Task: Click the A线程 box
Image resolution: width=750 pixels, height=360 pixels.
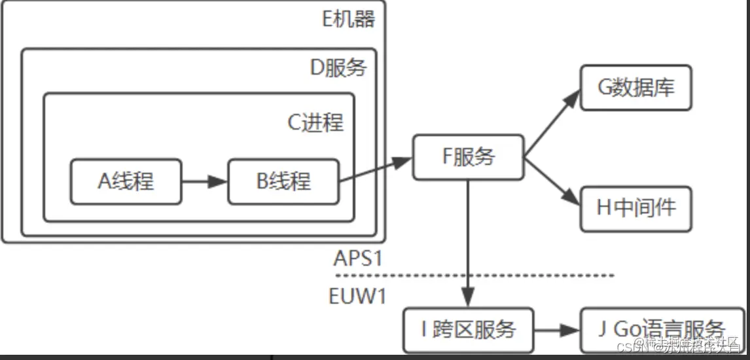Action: tap(126, 181)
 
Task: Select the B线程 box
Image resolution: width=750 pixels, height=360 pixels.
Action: tap(283, 181)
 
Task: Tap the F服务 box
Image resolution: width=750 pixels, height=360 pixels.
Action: tap(468, 157)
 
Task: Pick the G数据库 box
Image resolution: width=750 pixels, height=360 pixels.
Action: tap(635, 88)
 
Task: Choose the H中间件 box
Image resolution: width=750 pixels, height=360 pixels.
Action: tap(635, 208)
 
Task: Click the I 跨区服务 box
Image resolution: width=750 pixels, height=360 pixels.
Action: tap(468, 329)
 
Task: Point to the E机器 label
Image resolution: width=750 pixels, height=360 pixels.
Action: tap(349, 19)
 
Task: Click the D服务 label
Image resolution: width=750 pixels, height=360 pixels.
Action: tap(338, 67)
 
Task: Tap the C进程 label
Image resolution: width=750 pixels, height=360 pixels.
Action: tap(315, 122)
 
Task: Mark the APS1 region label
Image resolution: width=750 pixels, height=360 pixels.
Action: tap(357, 258)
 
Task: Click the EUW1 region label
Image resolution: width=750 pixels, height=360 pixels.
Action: tap(357, 295)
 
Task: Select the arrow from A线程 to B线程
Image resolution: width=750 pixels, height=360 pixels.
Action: tap(204, 181)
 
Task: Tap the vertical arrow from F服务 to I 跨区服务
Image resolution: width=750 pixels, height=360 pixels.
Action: tap(468, 242)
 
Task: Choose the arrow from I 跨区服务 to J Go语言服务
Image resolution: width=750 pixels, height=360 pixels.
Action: tap(557, 329)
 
